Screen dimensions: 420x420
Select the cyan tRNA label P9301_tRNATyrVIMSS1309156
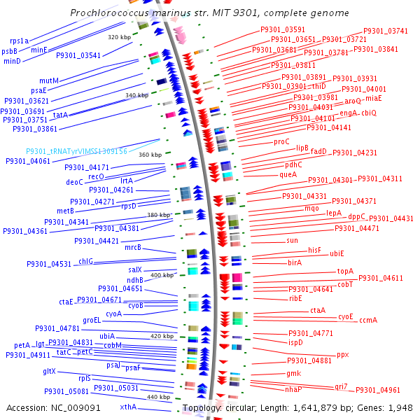click(x=77, y=151)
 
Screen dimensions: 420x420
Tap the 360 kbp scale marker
click(x=150, y=154)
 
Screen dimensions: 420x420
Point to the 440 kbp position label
click(x=158, y=397)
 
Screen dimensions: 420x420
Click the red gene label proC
click(x=281, y=141)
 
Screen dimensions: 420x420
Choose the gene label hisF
click(x=315, y=249)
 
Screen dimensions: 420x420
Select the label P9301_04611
click(x=381, y=278)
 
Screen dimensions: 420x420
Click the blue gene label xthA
click(x=128, y=407)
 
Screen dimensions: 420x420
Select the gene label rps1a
click(x=19, y=41)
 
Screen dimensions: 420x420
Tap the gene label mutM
click(x=49, y=80)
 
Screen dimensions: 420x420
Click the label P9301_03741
click(x=386, y=31)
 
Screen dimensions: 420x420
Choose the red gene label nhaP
click(x=294, y=389)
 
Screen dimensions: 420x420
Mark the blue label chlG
click(x=85, y=261)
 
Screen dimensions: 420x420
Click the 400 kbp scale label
click(x=162, y=275)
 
